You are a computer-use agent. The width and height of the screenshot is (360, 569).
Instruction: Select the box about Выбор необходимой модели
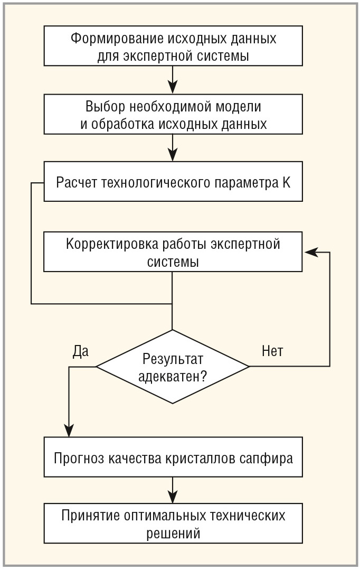(173, 114)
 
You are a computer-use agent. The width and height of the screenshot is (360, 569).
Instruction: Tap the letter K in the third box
(286, 182)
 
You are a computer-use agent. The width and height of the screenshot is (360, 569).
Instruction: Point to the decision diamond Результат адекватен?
(173, 367)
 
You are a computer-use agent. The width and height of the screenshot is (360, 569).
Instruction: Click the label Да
(80, 351)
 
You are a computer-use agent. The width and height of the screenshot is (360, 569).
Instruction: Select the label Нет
(272, 351)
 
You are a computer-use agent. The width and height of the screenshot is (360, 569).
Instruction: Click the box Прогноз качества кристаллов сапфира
(173, 457)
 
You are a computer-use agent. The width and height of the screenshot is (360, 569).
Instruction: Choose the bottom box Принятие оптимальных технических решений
(173, 523)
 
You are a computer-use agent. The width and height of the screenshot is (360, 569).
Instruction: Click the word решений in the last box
(173, 534)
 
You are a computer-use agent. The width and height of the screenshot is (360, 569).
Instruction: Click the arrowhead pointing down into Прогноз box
(69, 431)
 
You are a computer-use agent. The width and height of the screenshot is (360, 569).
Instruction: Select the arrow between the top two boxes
(173, 80)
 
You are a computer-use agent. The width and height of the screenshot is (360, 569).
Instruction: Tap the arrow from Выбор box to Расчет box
(173, 148)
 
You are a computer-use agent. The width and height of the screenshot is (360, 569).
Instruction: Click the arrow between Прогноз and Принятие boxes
(173, 490)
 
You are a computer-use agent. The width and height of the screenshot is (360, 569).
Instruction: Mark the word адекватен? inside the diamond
(173, 377)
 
